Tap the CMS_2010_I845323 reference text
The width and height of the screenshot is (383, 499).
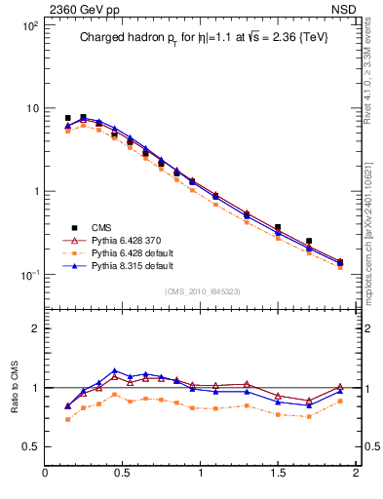[x=200, y=290]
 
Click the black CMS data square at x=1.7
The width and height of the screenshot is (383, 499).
[x=309, y=241]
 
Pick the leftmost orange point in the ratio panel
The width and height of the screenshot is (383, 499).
[x=67, y=419]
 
